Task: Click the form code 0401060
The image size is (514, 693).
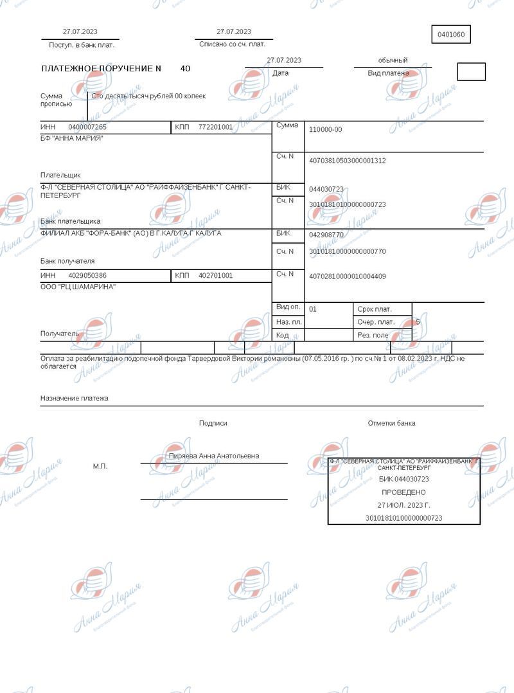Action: click(451, 35)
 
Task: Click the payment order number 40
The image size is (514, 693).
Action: click(185, 68)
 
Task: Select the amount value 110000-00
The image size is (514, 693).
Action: click(325, 130)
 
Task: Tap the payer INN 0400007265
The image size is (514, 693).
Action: click(87, 127)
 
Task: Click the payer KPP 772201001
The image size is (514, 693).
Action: click(215, 127)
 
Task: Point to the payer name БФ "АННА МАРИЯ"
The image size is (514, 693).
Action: click(71, 138)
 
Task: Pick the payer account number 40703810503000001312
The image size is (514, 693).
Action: click(347, 161)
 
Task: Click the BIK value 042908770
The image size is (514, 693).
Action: click(326, 235)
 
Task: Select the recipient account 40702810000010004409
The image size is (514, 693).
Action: click(347, 276)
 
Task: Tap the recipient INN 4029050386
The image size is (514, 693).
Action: click(87, 276)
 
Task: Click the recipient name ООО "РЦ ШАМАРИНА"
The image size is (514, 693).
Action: click(78, 287)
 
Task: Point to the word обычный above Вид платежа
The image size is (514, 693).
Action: click(393, 60)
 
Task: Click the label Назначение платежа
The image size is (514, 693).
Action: click(75, 399)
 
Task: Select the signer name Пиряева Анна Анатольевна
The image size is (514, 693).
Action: click(213, 456)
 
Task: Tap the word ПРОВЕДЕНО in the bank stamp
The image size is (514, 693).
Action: click(403, 492)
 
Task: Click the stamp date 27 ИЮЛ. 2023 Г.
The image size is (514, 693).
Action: click(403, 505)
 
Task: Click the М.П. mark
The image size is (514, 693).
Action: click(100, 466)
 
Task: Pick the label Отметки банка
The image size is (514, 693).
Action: click(391, 423)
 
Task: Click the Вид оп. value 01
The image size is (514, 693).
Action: click(313, 309)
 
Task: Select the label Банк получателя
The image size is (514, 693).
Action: click(67, 261)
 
